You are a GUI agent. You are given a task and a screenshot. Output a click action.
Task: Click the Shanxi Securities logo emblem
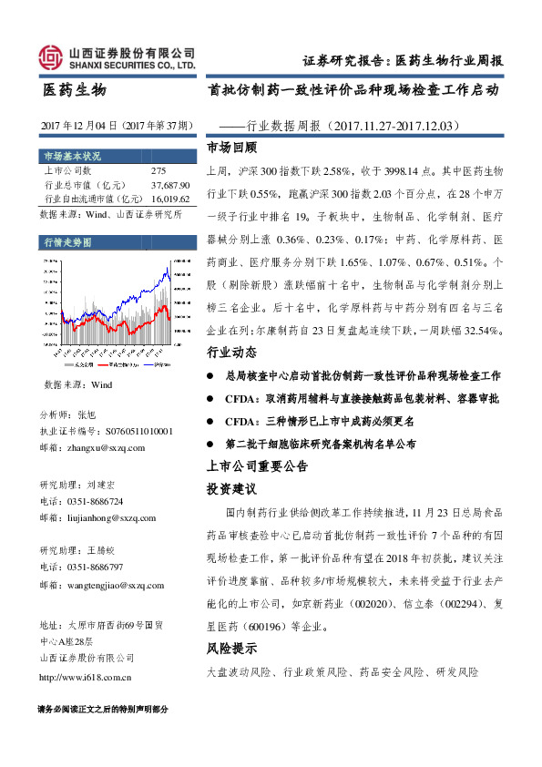coord(50,58)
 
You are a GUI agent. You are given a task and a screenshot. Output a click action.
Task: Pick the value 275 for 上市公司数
coord(159,170)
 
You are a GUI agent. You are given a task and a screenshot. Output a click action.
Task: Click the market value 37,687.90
coord(170,184)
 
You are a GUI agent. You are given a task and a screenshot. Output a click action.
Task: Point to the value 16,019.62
coord(170,198)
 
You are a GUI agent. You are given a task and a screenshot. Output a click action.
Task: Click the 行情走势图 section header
coord(68,242)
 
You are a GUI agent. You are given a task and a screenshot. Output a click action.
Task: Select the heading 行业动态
coord(231,352)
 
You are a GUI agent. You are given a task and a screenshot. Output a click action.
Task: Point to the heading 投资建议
coord(231,489)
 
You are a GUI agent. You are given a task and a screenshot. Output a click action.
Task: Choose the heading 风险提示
coord(231,649)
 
